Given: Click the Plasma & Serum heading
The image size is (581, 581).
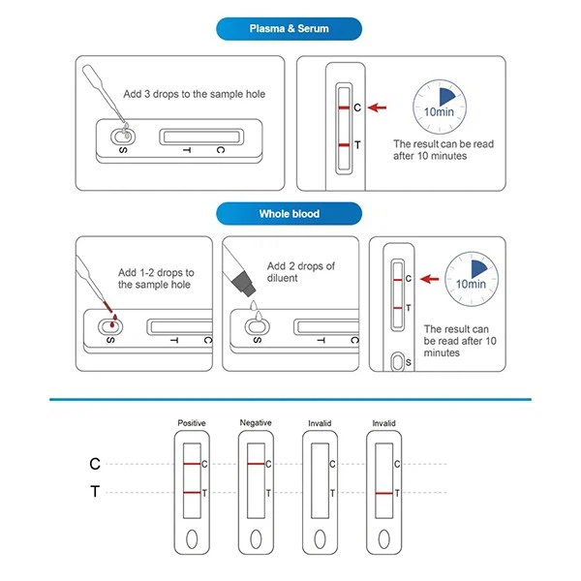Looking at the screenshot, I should pyautogui.click(x=289, y=28).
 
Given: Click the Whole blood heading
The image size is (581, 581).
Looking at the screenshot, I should pyautogui.click(x=289, y=213).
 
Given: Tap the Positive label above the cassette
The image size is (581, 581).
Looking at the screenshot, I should pyautogui.click(x=192, y=423).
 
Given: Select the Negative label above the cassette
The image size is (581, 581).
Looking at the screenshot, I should pyautogui.click(x=256, y=423).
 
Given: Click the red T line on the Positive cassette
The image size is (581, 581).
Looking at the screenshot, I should pyautogui.click(x=191, y=493).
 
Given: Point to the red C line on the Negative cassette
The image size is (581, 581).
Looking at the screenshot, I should pyautogui.click(x=256, y=465).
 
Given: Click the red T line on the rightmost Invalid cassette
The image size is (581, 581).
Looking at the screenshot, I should pyautogui.click(x=382, y=493).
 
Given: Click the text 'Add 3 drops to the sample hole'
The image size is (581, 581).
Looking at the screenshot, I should pyautogui.click(x=194, y=94).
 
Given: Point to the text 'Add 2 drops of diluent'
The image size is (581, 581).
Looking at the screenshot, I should pyautogui.click(x=300, y=272).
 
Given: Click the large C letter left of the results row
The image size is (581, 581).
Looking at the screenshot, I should pyautogui.click(x=95, y=465).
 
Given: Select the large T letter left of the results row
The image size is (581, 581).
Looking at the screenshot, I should pyautogui.click(x=95, y=493).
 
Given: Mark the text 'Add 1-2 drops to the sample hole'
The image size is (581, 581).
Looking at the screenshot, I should pyautogui.click(x=156, y=279).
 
